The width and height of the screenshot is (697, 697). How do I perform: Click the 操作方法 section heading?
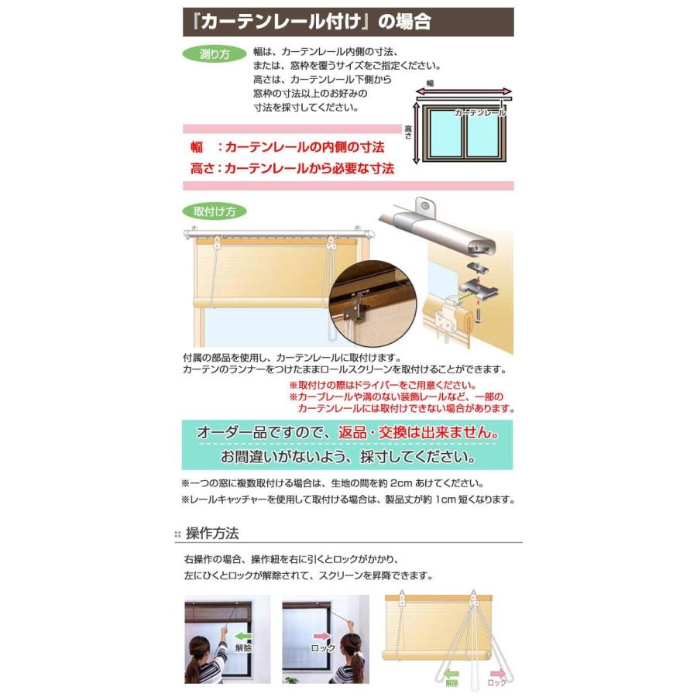[x=212, y=534]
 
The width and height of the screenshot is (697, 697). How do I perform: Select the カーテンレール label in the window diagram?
[x=480, y=113]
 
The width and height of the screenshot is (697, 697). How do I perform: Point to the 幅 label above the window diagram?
[x=430, y=82]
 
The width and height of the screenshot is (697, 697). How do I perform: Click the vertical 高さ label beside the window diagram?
[x=407, y=133]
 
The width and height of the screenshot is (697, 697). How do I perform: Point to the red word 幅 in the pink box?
[x=197, y=146]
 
